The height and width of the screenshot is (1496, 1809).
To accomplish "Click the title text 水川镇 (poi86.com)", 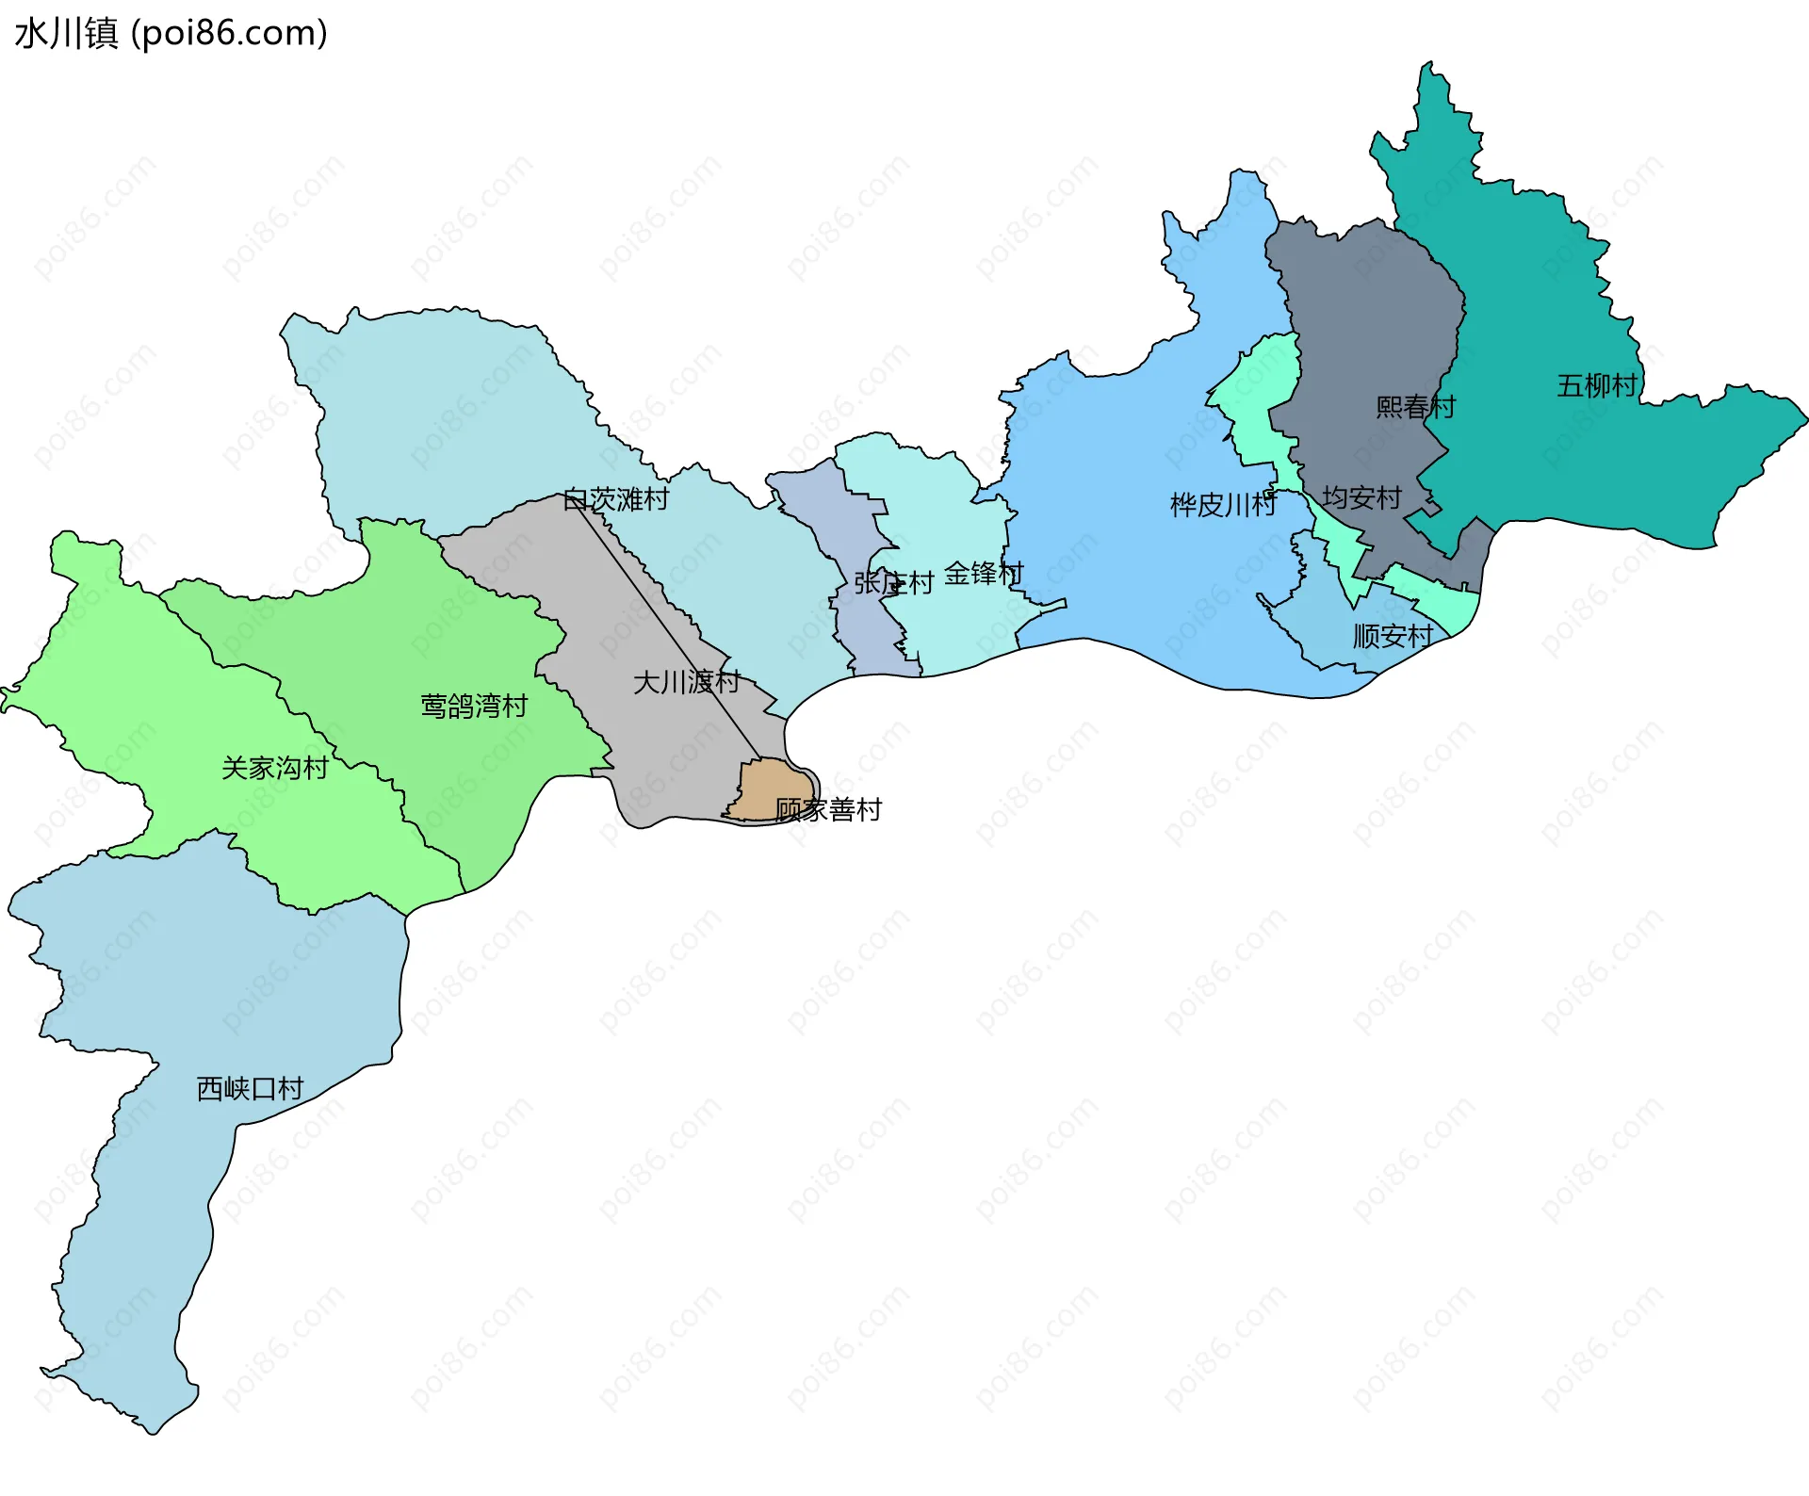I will point(171,34).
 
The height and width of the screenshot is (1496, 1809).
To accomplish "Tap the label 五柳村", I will point(1597,386).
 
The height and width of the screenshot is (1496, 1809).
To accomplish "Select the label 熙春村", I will point(1415,407).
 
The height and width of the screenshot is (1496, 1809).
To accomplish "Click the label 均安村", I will point(1361,497).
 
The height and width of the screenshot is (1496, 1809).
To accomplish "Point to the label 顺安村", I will point(1393,637).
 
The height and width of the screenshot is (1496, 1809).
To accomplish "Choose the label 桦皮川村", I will point(1223,505).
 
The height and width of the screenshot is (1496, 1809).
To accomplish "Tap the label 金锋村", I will point(984,573).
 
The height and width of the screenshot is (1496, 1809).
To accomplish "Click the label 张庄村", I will point(893,583).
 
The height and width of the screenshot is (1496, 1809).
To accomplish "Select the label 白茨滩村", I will point(615,499).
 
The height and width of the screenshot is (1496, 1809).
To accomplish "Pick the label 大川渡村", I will point(687,682).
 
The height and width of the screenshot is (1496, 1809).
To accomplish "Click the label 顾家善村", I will point(828,810).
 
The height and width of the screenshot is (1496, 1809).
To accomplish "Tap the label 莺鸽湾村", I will point(474,707).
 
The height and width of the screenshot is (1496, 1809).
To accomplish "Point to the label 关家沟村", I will point(274,769).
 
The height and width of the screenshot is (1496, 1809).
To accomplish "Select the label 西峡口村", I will point(250,1089).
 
